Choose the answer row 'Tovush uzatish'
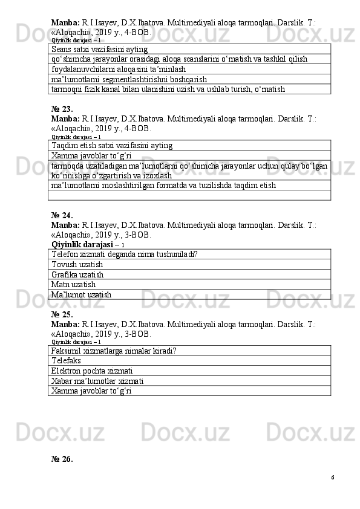pyautogui.click(x=77, y=265)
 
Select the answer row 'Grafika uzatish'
pyautogui.click(x=77, y=274)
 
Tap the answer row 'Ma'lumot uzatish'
pyautogui.click(x=82, y=294)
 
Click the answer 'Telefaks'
pyautogui.click(x=67, y=360)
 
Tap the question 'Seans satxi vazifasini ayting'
pyautogui.click(x=100, y=49)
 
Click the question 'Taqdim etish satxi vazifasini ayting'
pyautogui.click(x=112, y=145)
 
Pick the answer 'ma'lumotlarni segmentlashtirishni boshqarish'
pyautogui.click(x=129, y=79)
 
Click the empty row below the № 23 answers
pyautogui.click(x=189, y=195)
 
